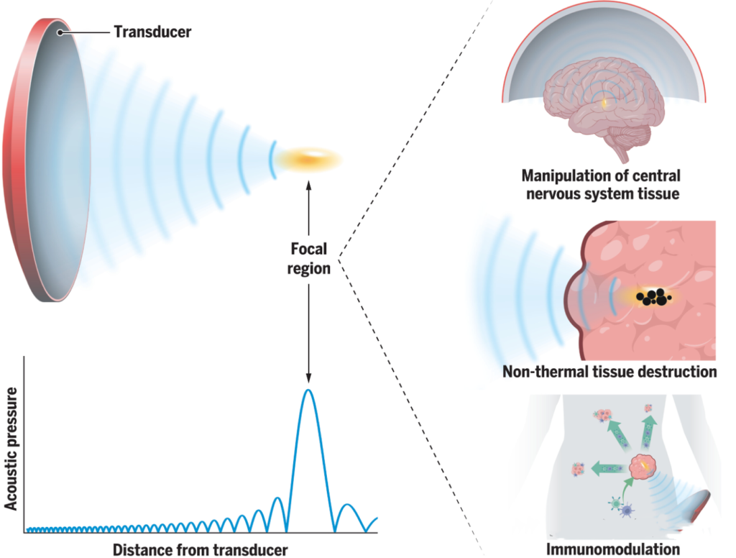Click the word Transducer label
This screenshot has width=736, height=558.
(x=152, y=32)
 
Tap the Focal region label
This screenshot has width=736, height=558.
(x=308, y=259)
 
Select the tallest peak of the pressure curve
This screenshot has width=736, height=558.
(x=308, y=392)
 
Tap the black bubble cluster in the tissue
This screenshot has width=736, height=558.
(x=653, y=296)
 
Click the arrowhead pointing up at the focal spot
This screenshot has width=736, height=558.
(x=308, y=186)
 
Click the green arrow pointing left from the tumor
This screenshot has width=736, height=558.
(x=603, y=470)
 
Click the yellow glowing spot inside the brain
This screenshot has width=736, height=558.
(x=604, y=105)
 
